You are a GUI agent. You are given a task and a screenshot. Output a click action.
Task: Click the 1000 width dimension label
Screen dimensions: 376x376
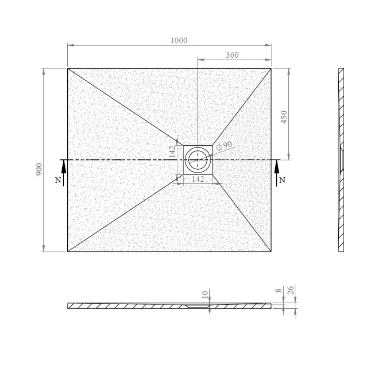point(179,41)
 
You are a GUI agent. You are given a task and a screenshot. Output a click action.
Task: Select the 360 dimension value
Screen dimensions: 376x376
point(232,55)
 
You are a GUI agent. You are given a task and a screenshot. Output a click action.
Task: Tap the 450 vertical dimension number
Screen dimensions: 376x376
point(284,118)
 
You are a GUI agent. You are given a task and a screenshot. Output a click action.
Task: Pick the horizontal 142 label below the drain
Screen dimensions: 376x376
point(198,179)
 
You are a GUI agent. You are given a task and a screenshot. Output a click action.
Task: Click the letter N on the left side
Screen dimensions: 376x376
point(57,180)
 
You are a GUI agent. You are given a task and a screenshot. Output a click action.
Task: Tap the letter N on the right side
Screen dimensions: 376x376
point(282,180)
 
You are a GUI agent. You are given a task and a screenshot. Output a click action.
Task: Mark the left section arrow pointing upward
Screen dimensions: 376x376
point(64,172)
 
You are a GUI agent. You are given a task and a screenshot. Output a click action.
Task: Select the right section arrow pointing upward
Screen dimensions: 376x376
point(276,172)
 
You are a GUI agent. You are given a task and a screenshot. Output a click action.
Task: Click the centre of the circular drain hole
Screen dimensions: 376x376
point(197,159)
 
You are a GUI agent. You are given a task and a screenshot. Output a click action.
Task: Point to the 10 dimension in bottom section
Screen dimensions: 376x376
point(205,295)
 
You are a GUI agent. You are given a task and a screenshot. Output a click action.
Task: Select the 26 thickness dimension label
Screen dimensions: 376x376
point(292,289)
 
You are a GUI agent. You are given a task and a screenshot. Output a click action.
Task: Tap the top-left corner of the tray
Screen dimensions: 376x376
point(68,69)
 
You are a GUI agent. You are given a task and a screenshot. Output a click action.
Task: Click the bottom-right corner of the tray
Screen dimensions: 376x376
point(271,252)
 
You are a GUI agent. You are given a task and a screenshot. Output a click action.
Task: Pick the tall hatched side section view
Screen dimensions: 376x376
point(341,160)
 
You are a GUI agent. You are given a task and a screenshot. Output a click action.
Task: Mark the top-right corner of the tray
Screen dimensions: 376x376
point(271,69)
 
